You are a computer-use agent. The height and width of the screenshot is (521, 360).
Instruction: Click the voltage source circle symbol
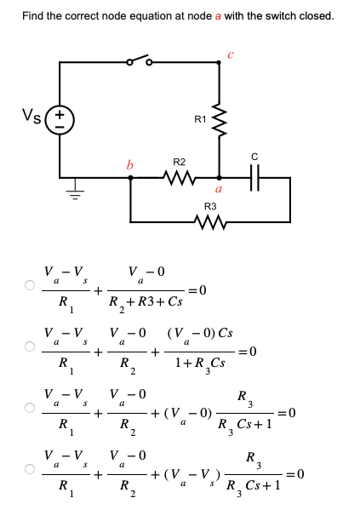click(x=60, y=120)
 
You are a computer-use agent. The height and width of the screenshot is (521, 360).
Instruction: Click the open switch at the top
click(x=138, y=61)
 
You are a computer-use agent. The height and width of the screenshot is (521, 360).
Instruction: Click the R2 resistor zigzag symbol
click(x=180, y=179)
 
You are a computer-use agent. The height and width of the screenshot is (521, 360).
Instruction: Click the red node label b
click(x=130, y=164)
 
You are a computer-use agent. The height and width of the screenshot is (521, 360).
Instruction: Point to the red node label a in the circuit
click(x=220, y=191)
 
